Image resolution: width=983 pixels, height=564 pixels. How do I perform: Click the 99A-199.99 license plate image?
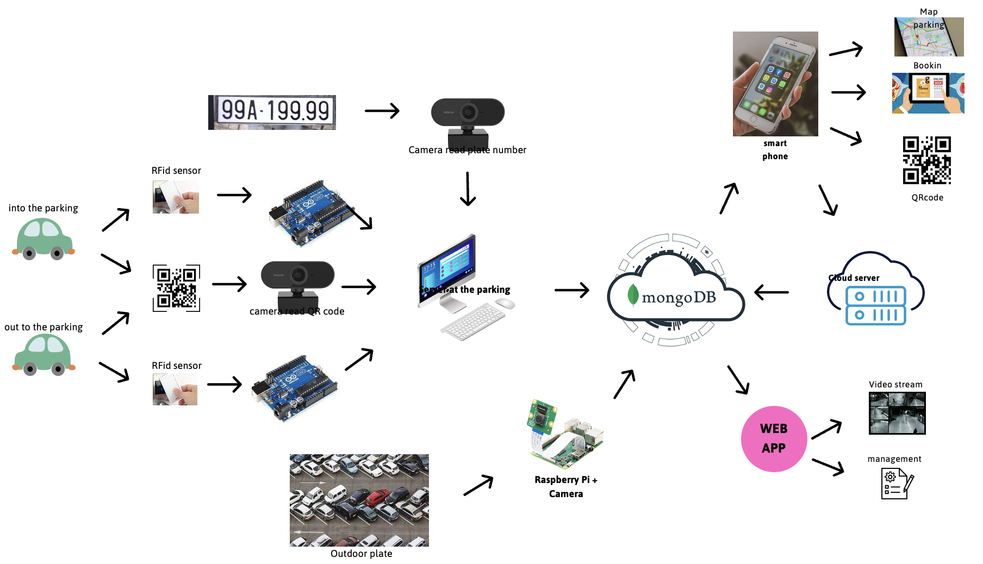pos(272,112)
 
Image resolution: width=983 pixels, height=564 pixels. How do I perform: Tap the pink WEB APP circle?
pos(774,438)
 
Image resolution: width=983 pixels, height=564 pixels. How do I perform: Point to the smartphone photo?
pos(775,84)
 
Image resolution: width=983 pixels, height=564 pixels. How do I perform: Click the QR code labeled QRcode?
pos(926,160)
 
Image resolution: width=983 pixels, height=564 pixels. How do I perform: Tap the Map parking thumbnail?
pos(929,37)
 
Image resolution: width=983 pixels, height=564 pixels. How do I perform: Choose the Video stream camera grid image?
pos(897,413)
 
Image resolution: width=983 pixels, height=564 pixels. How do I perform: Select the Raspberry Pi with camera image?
pos(565,435)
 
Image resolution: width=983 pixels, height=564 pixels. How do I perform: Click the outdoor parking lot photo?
pos(359,500)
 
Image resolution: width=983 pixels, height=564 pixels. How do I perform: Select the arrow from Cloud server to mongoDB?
pos(771,292)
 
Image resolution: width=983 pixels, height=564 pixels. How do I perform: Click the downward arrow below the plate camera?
pos(468,189)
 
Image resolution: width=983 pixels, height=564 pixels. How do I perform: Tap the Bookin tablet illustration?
pos(928,93)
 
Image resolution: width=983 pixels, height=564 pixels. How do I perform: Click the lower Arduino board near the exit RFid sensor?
pos(294,387)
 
